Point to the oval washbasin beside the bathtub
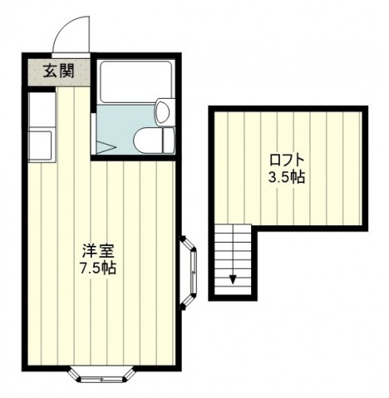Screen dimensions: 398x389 [163, 110]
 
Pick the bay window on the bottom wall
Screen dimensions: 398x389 [101, 374]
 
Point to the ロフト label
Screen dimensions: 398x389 [285, 159]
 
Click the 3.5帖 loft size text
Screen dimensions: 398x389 [285, 177]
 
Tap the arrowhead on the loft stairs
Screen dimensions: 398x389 [233, 278]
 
